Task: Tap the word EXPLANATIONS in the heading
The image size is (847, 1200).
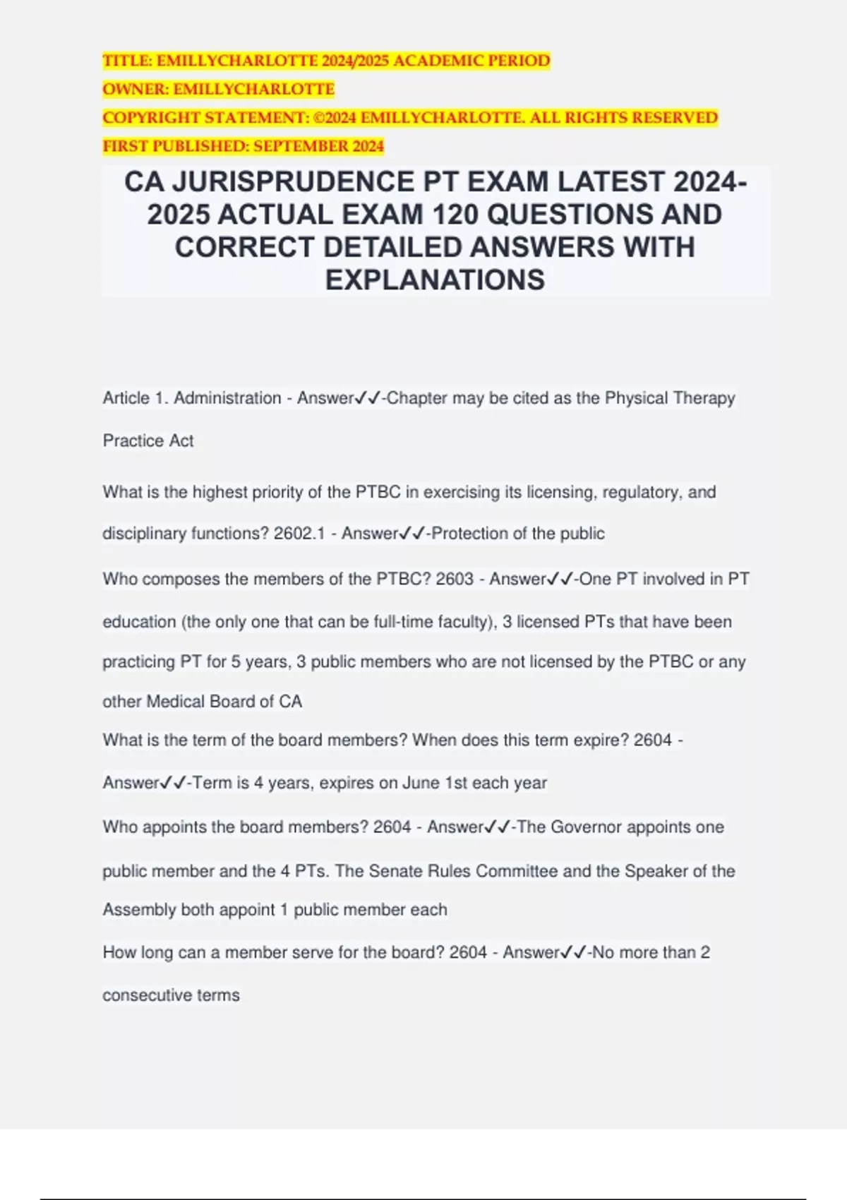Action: click(435, 280)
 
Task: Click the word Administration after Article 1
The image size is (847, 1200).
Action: click(227, 398)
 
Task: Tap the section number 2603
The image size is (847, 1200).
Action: click(455, 579)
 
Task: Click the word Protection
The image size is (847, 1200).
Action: click(470, 534)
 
